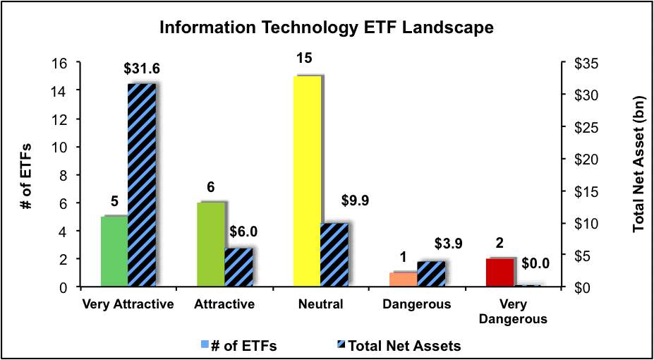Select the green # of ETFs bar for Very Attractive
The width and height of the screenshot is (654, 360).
[114, 251]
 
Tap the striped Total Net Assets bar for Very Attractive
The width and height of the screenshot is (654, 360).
[142, 186]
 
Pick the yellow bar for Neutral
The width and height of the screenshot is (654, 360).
[308, 181]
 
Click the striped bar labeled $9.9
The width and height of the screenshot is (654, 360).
[334, 256]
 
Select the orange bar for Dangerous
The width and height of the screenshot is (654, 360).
[403, 280]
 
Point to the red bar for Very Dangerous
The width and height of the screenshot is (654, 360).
[499, 272]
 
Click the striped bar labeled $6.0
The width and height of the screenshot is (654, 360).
[238, 268]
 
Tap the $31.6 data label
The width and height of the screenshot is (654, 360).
[141, 69]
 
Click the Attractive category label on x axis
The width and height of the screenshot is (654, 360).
[224, 304]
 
